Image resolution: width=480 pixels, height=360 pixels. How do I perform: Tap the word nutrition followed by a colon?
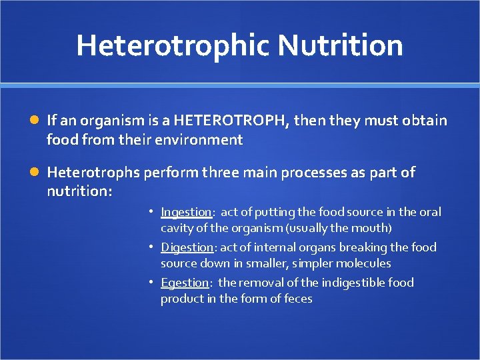(79, 192)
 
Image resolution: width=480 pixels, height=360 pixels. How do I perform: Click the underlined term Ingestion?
(186, 212)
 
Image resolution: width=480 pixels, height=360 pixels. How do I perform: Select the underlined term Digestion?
(186, 247)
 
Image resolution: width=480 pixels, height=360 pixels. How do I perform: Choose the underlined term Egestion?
(184, 283)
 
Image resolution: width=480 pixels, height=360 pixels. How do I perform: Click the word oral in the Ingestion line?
(429, 212)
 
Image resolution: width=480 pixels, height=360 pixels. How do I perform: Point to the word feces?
(297, 299)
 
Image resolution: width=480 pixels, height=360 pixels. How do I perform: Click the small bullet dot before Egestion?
(153, 282)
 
